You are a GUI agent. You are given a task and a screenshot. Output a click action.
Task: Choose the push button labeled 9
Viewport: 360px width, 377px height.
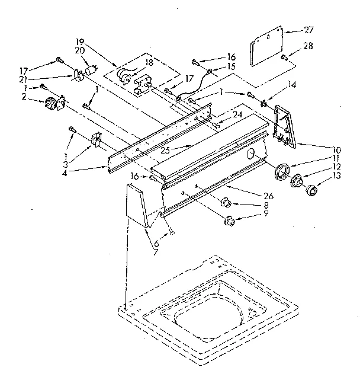(228, 222)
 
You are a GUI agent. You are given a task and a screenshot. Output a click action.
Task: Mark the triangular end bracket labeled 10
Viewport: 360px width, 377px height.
(286, 127)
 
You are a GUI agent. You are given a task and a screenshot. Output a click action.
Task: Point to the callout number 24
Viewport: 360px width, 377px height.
(221, 115)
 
